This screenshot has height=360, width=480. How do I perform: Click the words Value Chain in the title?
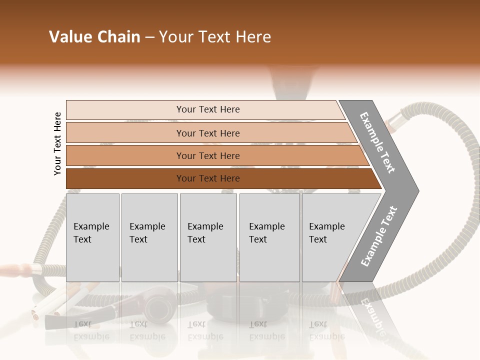[x=94, y=37]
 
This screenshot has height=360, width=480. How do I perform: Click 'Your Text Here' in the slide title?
[x=215, y=37]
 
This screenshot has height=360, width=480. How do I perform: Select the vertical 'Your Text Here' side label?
[x=57, y=143]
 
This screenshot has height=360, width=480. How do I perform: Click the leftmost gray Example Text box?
[x=92, y=237]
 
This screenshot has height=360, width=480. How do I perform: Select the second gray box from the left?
[x=149, y=237]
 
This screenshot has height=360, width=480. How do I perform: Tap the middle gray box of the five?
[x=208, y=237]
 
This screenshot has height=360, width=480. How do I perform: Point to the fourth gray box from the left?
[x=269, y=237]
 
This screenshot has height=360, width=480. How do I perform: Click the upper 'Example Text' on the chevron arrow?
[x=378, y=142]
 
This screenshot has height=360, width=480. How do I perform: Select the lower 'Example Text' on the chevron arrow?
[x=379, y=236]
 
